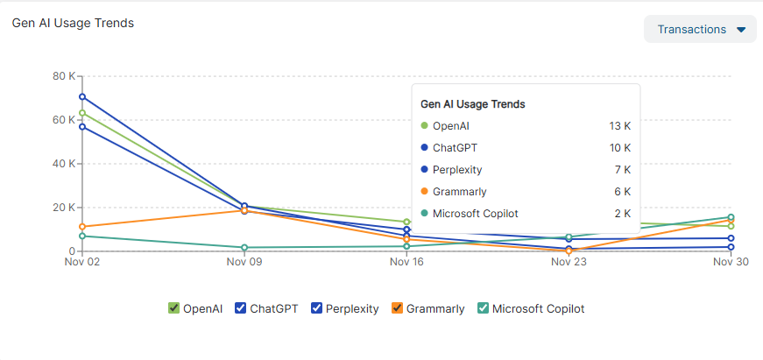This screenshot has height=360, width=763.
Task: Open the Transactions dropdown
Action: (x=700, y=29)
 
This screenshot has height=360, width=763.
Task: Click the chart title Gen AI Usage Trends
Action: (x=73, y=23)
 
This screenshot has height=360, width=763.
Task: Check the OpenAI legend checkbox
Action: (x=173, y=308)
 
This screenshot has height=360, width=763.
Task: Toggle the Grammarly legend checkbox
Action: (x=397, y=308)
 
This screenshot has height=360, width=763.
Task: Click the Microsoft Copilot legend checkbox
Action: (x=483, y=308)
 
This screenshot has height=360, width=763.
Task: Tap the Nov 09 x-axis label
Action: (x=244, y=262)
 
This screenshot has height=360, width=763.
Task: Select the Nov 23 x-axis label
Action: (x=569, y=262)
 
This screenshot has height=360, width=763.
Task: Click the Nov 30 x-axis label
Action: (x=731, y=262)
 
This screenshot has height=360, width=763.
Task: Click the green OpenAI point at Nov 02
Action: (x=82, y=113)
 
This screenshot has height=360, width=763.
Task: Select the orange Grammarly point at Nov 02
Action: (x=82, y=227)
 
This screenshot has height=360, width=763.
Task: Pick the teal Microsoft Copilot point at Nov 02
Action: (x=82, y=236)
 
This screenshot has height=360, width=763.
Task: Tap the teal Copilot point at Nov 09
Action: (x=244, y=248)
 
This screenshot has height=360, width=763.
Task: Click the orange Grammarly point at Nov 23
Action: (x=569, y=251)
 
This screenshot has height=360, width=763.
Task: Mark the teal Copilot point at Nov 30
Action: (x=731, y=217)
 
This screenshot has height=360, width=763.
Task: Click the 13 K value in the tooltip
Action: (x=619, y=126)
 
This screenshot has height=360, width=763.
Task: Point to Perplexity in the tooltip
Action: (x=457, y=170)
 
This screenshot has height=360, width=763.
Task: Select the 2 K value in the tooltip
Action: (x=622, y=214)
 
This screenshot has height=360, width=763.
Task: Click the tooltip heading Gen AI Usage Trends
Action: (x=473, y=104)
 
